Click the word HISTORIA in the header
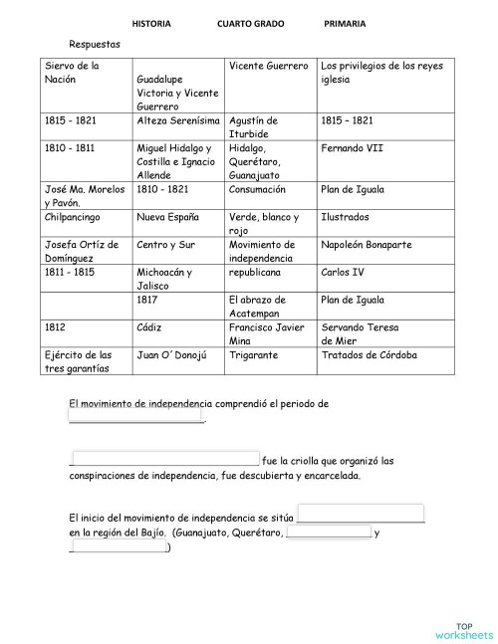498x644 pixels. (151, 23)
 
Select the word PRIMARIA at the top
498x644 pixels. (344, 23)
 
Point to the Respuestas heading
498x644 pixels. (95, 45)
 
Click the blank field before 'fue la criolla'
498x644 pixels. (165, 459)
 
